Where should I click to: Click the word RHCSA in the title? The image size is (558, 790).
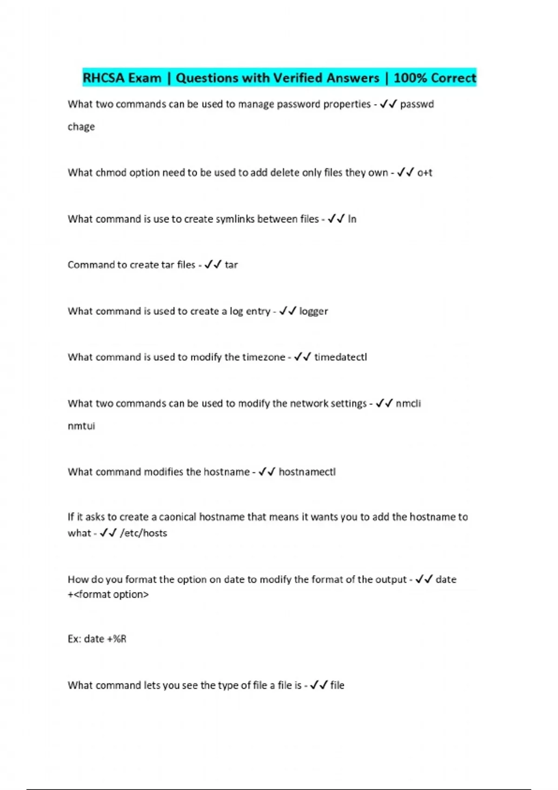pyautogui.click(x=104, y=78)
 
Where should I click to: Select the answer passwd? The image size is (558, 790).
pyautogui.click(x=417, y=104)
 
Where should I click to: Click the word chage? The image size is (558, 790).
pyautogui.click(x=81, y=127)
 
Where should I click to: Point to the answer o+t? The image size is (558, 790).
pyautogui.click(x=425, y=173)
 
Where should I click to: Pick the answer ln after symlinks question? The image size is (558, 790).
pyautogui.click(x=352, y=219)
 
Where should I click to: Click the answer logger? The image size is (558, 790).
pyautogui.click(x=313, y=311)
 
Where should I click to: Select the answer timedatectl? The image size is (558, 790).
pyautogui.click(x=340, y=357)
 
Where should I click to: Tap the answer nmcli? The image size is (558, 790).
pyautogui.click(x=408, y=403)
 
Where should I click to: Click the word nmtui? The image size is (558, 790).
pyautogui.click(x=81, y=426)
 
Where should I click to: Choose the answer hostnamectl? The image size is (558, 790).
pyautogui.click(x=307, y=472)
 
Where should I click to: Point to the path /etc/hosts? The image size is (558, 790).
pyautogui.click(x=143, y=533)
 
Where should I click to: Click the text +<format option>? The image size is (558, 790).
pyautogui.click(x=108, y=594)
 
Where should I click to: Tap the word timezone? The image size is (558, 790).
pyautogui.click(x=262, y=357)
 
